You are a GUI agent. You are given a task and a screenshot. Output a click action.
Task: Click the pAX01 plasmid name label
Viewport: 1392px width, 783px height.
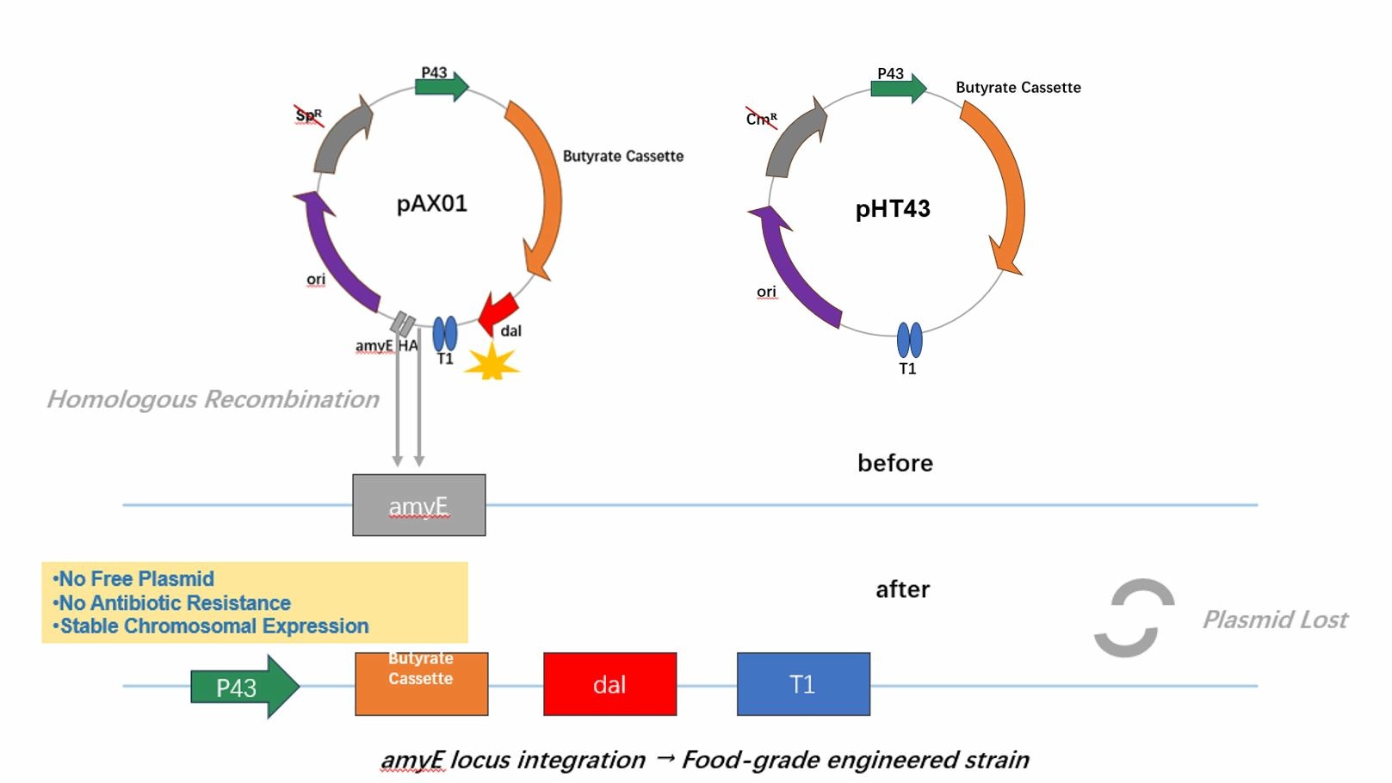[x=431, y=204]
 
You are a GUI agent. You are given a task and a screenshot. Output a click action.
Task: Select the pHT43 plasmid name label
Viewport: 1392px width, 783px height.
[x=893, y=209]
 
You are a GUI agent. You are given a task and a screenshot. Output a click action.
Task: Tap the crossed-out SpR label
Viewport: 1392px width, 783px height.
[x=308, y=115]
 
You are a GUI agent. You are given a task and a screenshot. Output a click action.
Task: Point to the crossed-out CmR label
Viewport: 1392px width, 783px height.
[x=760, y=119]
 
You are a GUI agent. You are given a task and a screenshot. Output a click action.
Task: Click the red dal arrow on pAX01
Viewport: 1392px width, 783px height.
[x=498, y=311]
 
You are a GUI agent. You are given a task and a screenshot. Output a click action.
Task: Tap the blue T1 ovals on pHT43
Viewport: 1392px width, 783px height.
[x=909, y=340]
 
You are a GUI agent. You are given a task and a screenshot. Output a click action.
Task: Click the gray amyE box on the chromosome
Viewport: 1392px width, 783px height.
[x=418, y=505]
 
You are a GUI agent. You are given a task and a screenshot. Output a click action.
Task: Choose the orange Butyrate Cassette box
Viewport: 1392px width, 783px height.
[x=421, y=684]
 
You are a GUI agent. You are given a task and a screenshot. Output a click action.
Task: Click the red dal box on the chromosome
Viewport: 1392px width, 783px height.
[x=609, y=684]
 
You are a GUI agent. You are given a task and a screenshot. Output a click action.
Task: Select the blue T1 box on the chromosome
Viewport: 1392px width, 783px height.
[x=803, y=684]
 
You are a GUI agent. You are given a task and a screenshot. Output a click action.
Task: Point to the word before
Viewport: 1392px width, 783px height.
[x=894, y=463]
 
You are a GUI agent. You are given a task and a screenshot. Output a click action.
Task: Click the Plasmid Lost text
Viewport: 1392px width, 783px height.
[x=1274, y=620]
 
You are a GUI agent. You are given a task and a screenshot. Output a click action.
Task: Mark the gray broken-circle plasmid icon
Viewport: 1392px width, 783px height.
[x=1135, y=618]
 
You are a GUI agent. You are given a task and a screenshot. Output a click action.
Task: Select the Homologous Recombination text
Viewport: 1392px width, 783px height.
[x=213, y=399]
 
